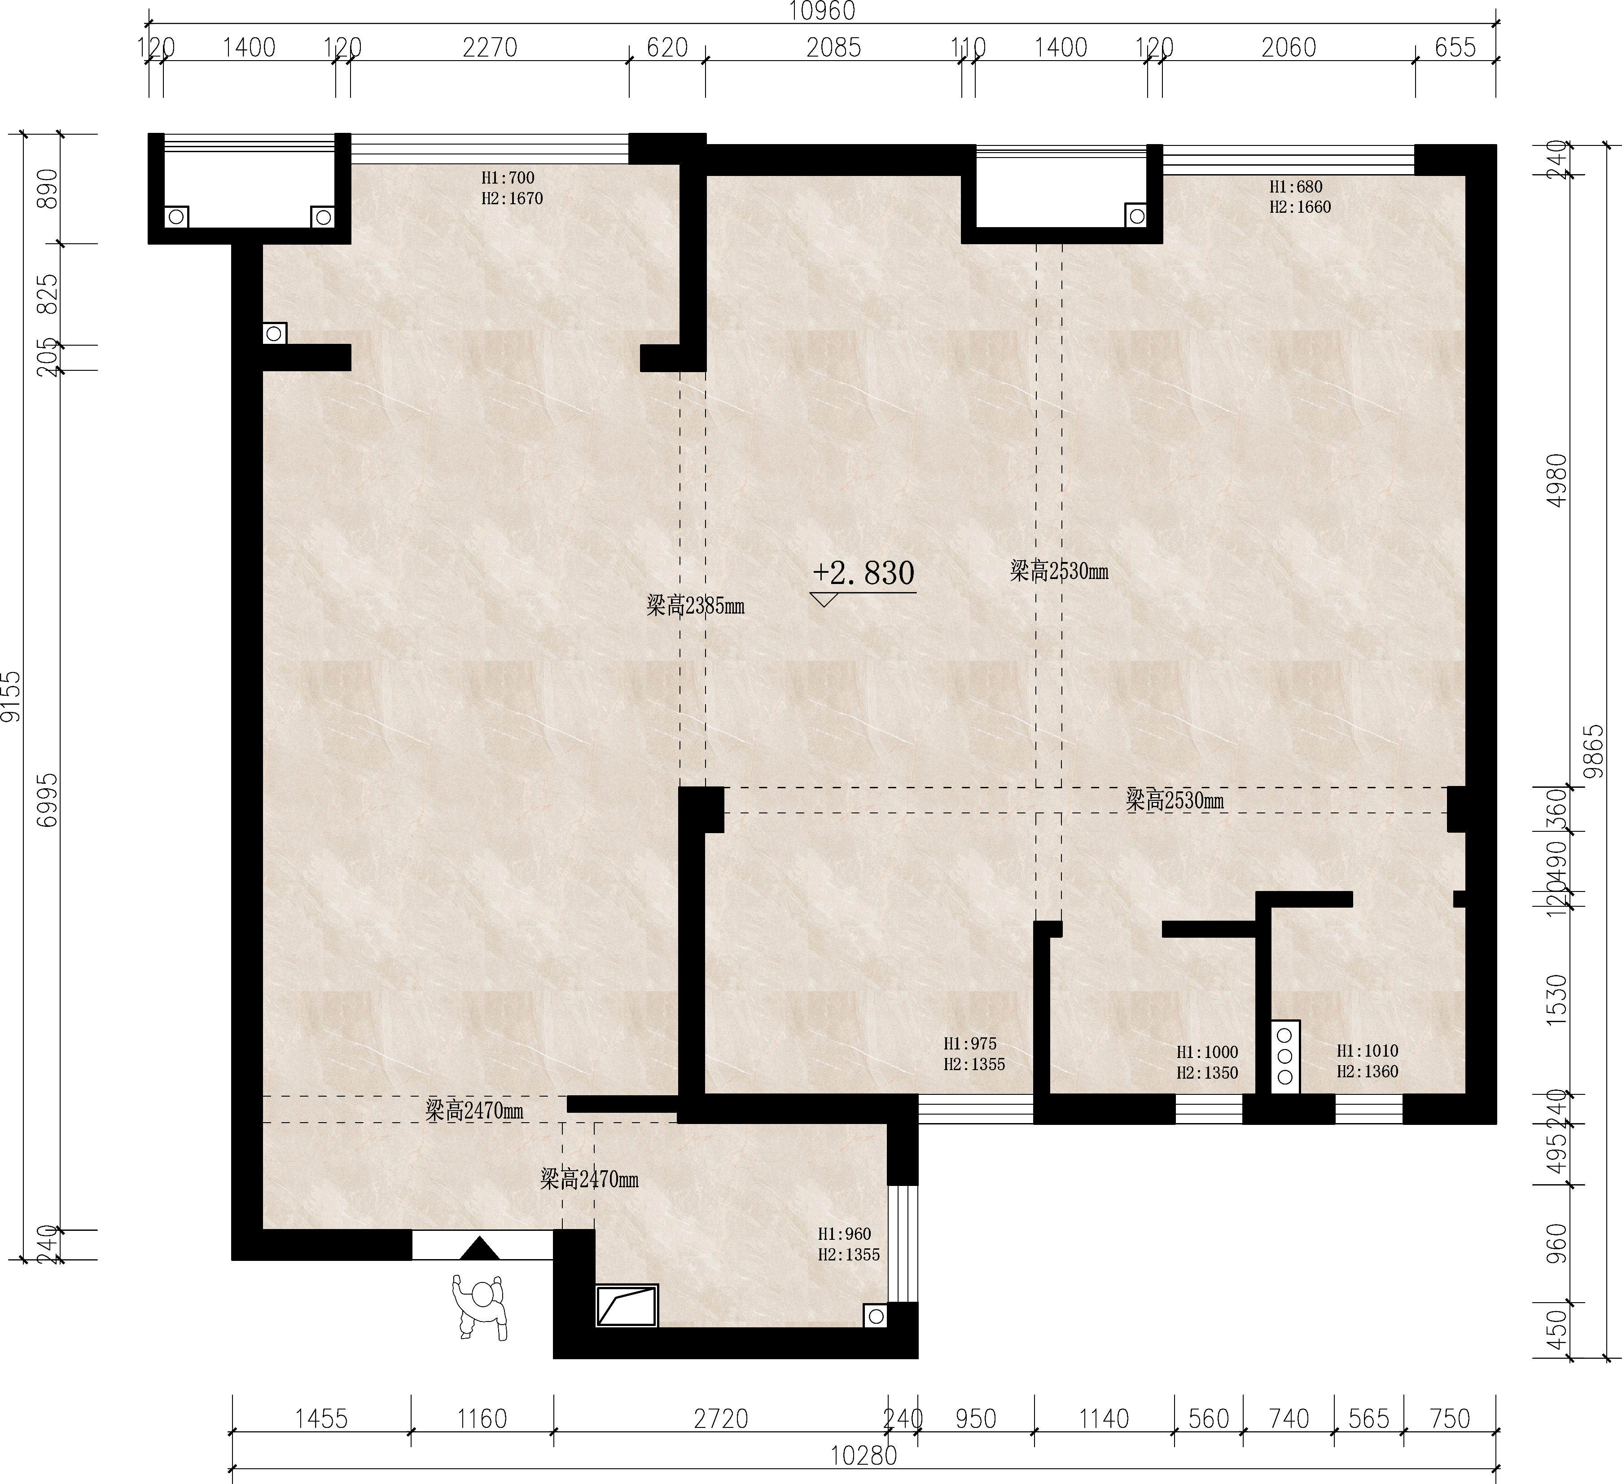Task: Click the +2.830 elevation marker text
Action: click(864, 573)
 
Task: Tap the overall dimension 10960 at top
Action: click(821, 11)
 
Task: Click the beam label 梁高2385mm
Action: click(695, 605)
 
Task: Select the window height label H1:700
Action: click(508, 178)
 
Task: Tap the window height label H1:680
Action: click(1296, 187)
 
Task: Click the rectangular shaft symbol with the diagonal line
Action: click(627, 1305)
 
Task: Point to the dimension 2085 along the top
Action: click(833, 48)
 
